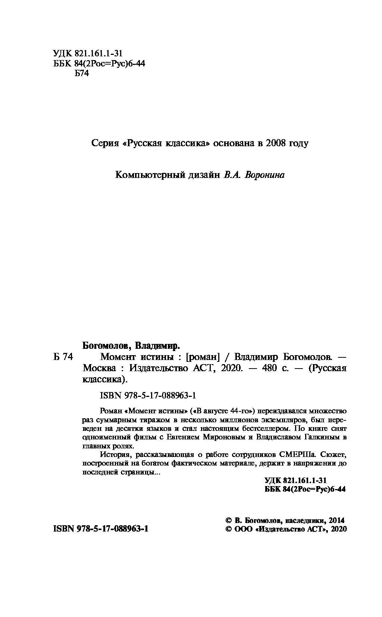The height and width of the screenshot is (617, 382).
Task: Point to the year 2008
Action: (275, 143)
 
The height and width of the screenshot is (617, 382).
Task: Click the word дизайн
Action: (204, 175)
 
